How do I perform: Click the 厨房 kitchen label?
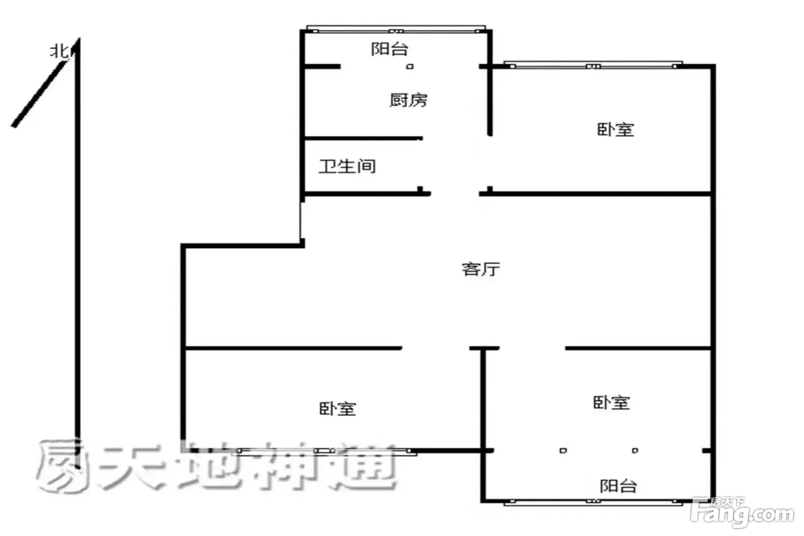pyautogui.click(x=408, y=100)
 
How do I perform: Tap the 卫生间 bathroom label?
pyautogui.click(x=347, y=167)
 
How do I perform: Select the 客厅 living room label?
pyautogui.click(x=481, y=269)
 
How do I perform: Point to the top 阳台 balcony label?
pyautogui.click(x=389, y=49)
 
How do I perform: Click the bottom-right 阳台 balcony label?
pyautogui.click(x=619, y=486)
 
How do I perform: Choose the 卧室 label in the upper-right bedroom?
pyautogui.click(x=616, y=130)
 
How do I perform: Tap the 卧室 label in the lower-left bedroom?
pyautogui.click(x=338, y=409)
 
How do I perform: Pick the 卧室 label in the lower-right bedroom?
pyautogui.click(x=612, y=403)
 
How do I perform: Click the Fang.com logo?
pyautogui.click(x=742, y=512)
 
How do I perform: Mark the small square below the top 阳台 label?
pyautogui.click(x=410, y=67)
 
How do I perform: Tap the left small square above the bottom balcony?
pyautogui.click(x=563, y=450)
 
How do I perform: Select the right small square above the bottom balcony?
pyautogui.click(x=635, y=450)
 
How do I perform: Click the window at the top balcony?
pyautogui.click(x=396, y=29)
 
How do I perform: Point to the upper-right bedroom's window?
pyautogui.click(x=593, y=64)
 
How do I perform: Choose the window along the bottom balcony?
pyautogui.click(x=593, y=502)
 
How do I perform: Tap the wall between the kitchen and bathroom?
pyautogui.click(x=364, y=138)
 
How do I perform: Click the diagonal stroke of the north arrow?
pyautogui.click(x=40, y=94)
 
